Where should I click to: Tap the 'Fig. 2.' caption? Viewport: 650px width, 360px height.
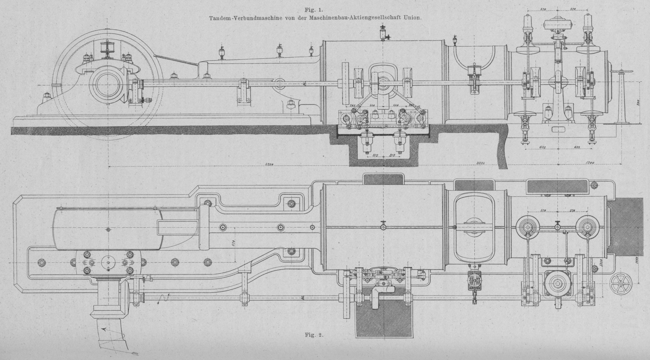(314, 334)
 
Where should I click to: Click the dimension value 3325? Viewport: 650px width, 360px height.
(481, 164)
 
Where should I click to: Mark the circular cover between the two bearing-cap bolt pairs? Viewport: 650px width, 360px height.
(108, 262)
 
